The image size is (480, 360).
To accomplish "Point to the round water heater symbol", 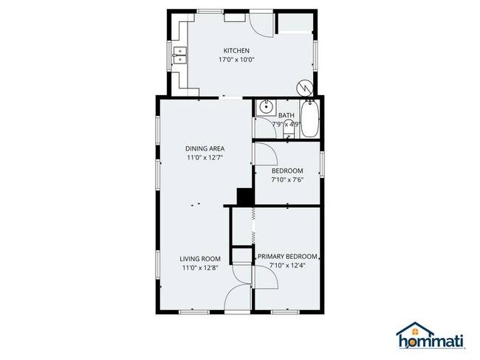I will [303, 87].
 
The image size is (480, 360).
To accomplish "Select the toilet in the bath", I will [264, 125].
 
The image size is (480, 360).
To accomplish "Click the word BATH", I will [286, 115].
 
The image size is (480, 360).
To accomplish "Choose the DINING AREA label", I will [204, 148].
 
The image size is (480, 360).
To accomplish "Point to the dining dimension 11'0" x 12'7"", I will [204, 157].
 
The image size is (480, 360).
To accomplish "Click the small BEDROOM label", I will [287, 170].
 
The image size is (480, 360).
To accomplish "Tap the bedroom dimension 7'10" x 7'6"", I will [287, 179].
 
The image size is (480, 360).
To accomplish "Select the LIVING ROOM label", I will [201, 258].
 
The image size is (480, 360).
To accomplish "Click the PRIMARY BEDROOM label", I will [287, 256].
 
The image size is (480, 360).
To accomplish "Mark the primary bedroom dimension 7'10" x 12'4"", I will [287, 265].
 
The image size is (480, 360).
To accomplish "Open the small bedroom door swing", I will [264, 154].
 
